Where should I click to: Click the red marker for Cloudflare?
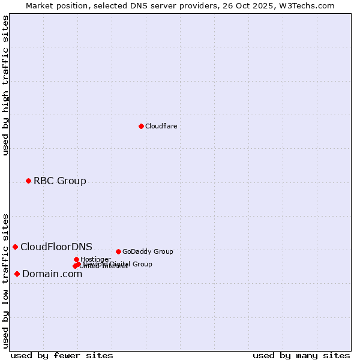[x=141, y=126]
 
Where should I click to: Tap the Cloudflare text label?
[x=161, y=126]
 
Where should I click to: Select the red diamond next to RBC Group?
[x=28, y=181]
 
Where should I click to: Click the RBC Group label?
[x=59, y=181]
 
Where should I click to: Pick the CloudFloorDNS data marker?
[x=15, y=247]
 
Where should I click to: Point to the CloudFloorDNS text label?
[x=56, y=247]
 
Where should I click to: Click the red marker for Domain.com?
[x=17, y=274]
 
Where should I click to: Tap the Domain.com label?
[x=52, y=274]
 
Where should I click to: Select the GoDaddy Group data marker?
[x=118, y=251]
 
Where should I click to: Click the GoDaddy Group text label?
[x=147, y=251]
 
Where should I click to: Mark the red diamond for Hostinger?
[x=76, y=259]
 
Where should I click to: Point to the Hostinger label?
[x=95, y=259]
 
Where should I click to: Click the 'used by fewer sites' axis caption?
[x=62, y=355]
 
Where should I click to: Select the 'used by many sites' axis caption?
[x=301, y=355]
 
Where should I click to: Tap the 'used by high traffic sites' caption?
[x=5, y=85]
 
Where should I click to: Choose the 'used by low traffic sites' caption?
[x=5, y=281]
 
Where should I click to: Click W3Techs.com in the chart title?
[x=308, y=5]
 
